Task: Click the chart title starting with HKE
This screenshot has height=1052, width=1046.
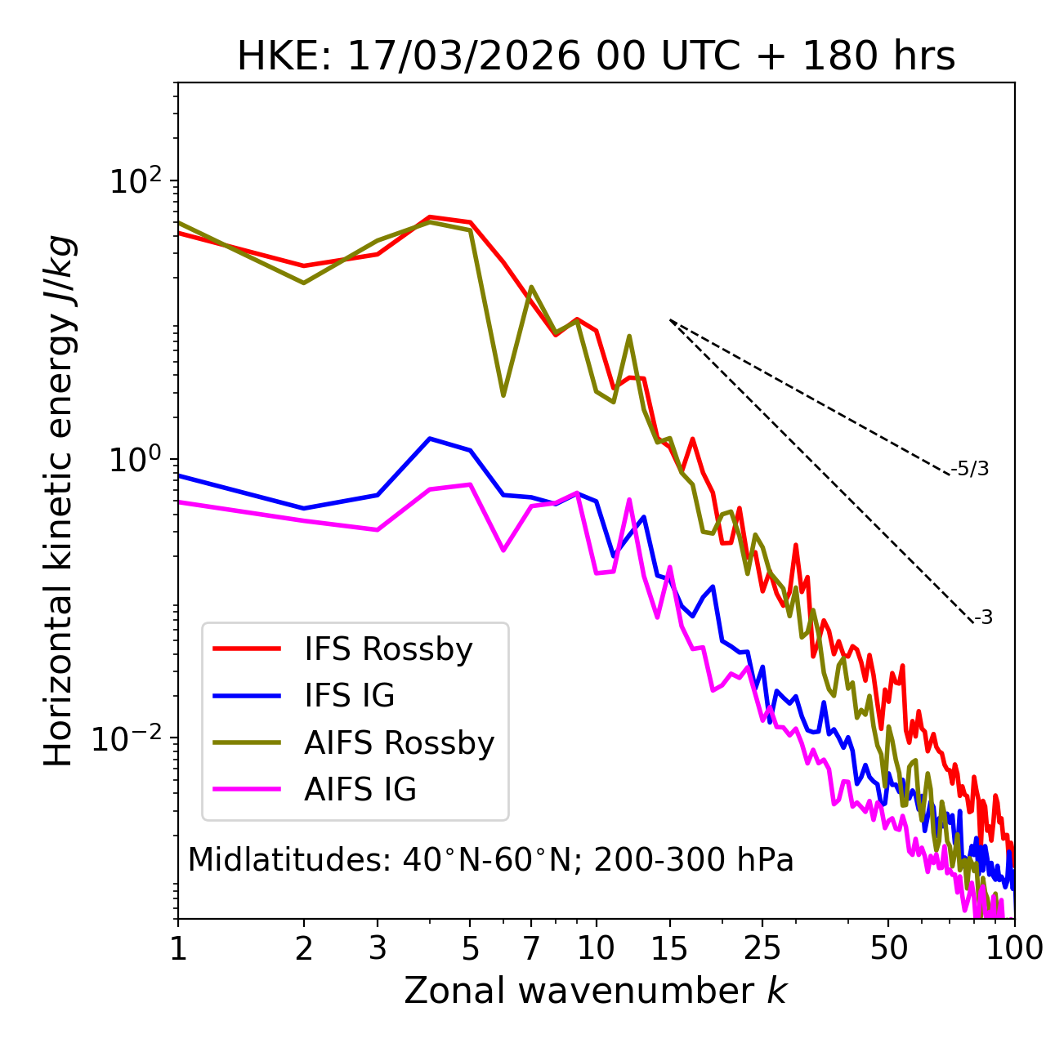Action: (x=596, y=57)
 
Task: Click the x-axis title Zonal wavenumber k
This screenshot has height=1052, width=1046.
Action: (x=596, y=991)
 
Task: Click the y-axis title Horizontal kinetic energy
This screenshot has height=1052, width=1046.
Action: (x=59, y=501)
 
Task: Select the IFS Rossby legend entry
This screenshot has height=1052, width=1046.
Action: (x=388, y=649)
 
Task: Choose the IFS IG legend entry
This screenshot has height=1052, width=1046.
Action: (x=349, y=696)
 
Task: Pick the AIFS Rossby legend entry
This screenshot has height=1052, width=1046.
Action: (x=399, y=743)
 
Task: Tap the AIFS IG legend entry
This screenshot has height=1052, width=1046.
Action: (x=360, y=790)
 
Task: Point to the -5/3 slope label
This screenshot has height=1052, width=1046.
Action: (x=970, y=469)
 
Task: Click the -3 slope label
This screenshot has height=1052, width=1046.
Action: (x=983, y=617)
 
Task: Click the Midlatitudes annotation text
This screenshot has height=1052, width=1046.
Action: (x=490, y=860)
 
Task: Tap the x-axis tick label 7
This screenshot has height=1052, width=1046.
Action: (x=531, y=948)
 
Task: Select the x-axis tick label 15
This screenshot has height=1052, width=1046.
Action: (x=670, y=948)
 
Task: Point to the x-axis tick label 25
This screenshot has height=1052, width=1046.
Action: (x=762, y=948)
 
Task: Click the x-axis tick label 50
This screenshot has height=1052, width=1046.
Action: (x=888, y=948)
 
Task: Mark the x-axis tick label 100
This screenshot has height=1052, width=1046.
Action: (x=1014, y=948)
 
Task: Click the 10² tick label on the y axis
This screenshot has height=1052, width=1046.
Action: (x=136, y=181)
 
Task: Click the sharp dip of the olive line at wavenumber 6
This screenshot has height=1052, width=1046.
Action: (x=503, y=395)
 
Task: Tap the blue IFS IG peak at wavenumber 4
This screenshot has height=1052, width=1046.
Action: (x=430, y=439)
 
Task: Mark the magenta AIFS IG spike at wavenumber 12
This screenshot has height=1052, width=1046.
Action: (x=629, y=499)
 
